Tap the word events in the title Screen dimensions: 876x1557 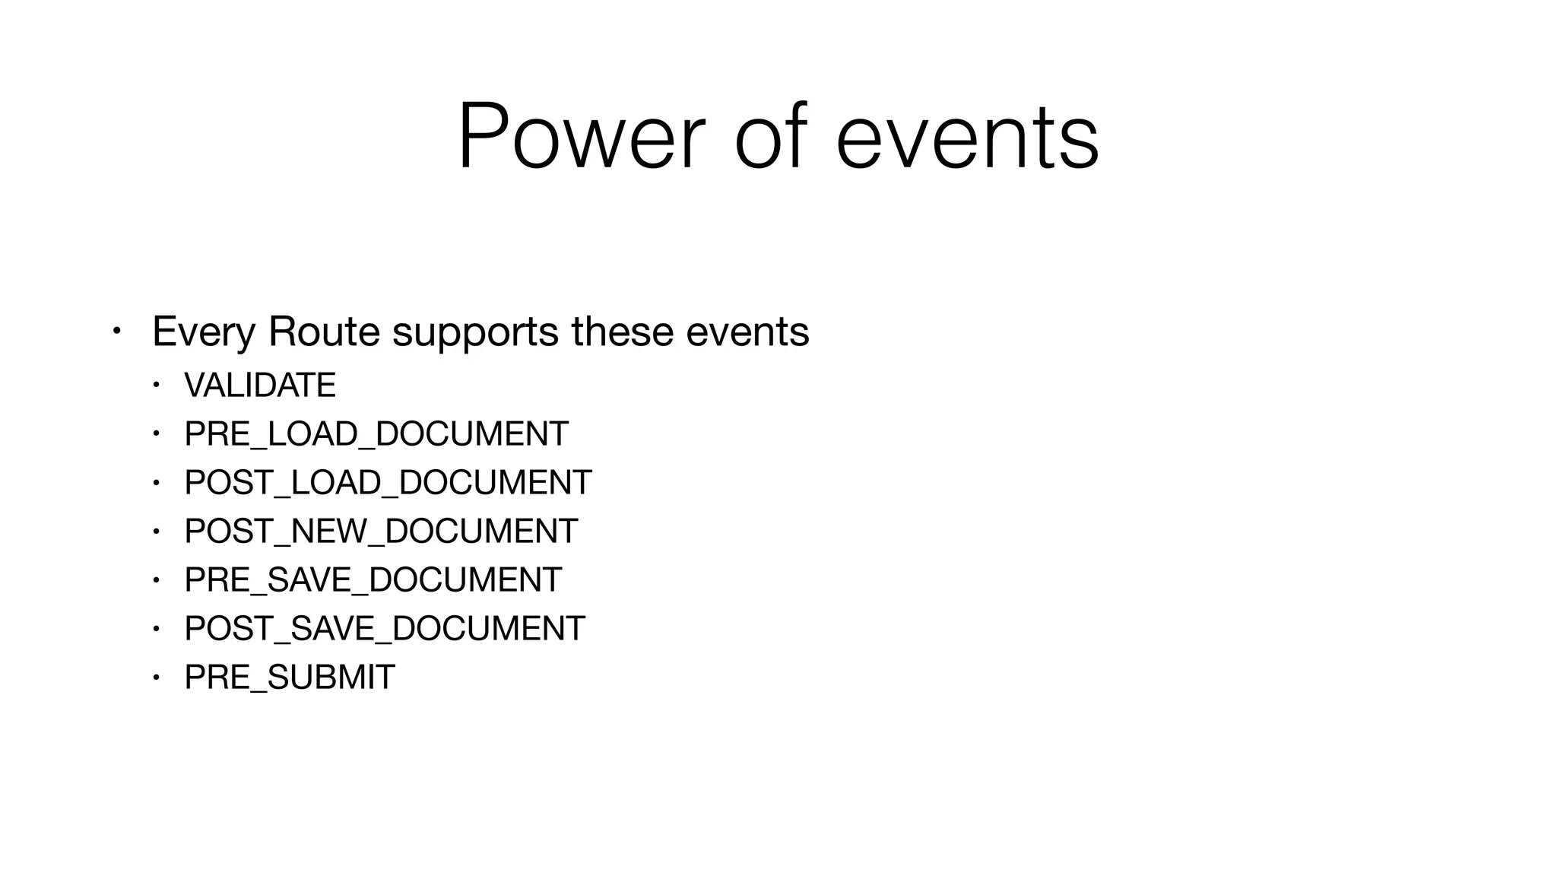tap(966, 138)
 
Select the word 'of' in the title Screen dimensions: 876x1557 tap(769, 138)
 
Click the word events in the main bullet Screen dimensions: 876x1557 tap(747, 332)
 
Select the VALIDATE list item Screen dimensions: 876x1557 tap(260, 386)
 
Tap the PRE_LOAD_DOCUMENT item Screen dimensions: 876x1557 tap(376, 434)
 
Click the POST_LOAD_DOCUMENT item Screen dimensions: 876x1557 tap(388, 483)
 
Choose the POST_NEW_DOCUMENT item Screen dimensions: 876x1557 tap(381, 532)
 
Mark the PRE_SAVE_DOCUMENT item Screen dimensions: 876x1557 tap(373, 580)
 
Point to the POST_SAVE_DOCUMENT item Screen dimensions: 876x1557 tap(385, 629)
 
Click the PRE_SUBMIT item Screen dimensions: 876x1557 tap(290, 678)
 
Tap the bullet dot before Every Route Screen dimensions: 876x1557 tap(116, 332)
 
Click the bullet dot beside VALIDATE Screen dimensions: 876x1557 tap(156, 385)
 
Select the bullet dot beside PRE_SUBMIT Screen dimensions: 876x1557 tap(156, 677)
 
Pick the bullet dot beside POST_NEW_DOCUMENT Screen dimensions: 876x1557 tap(156, 531)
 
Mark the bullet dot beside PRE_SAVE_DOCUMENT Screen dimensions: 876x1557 tap(156, 579)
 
